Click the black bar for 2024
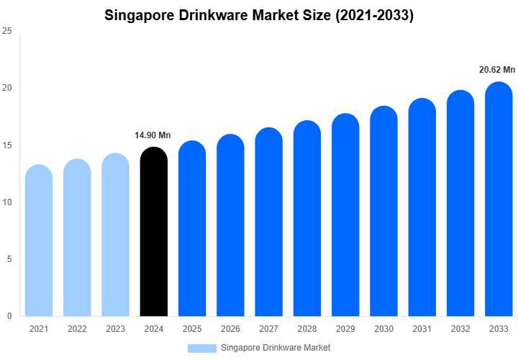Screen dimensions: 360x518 tap(153, 232)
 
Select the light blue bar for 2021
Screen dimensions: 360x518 tap(39, 240)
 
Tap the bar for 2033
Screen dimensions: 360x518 tap(499, 199)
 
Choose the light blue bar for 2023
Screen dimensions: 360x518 tap(115, 235)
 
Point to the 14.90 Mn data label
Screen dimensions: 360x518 tap(153, 135)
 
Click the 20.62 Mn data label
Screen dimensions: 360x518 tap(498, 70)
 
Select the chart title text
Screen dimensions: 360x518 tap(259, 15)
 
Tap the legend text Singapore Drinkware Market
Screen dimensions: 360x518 tap(276, 348)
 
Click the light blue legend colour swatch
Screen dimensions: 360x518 tap(201, 348)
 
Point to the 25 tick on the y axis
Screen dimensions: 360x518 tap(7, 32)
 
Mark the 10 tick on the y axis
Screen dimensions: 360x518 tap(7, 202)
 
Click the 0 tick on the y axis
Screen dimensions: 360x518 tap(9, 316)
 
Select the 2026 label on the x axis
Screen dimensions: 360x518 tap(230, 329)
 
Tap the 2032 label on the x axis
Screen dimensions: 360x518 tap(460, 329)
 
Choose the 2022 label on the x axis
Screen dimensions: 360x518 tap(77, 329)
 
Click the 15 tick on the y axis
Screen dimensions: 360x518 tap(7, 145)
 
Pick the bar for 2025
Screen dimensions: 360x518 tap(192, 228)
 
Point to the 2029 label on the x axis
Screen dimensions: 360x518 tap(345, 329)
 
